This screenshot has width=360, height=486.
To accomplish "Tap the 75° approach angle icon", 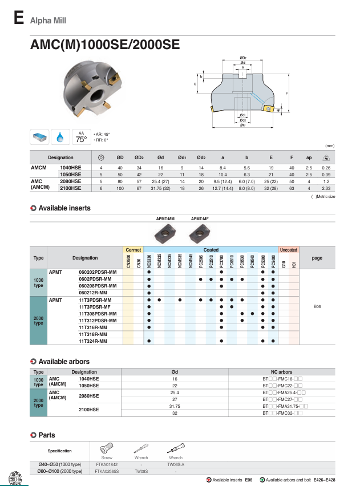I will (82, 137).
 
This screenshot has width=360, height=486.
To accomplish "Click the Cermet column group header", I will (134, 250).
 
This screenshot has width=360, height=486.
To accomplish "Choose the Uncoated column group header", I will (288, 250).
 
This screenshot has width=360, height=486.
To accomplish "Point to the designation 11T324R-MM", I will (93, 341).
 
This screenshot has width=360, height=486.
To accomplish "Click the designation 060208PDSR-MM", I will (97, 286).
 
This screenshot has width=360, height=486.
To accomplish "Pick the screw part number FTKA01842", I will (107, 465).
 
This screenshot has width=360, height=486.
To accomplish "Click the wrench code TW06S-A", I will (176, 465).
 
